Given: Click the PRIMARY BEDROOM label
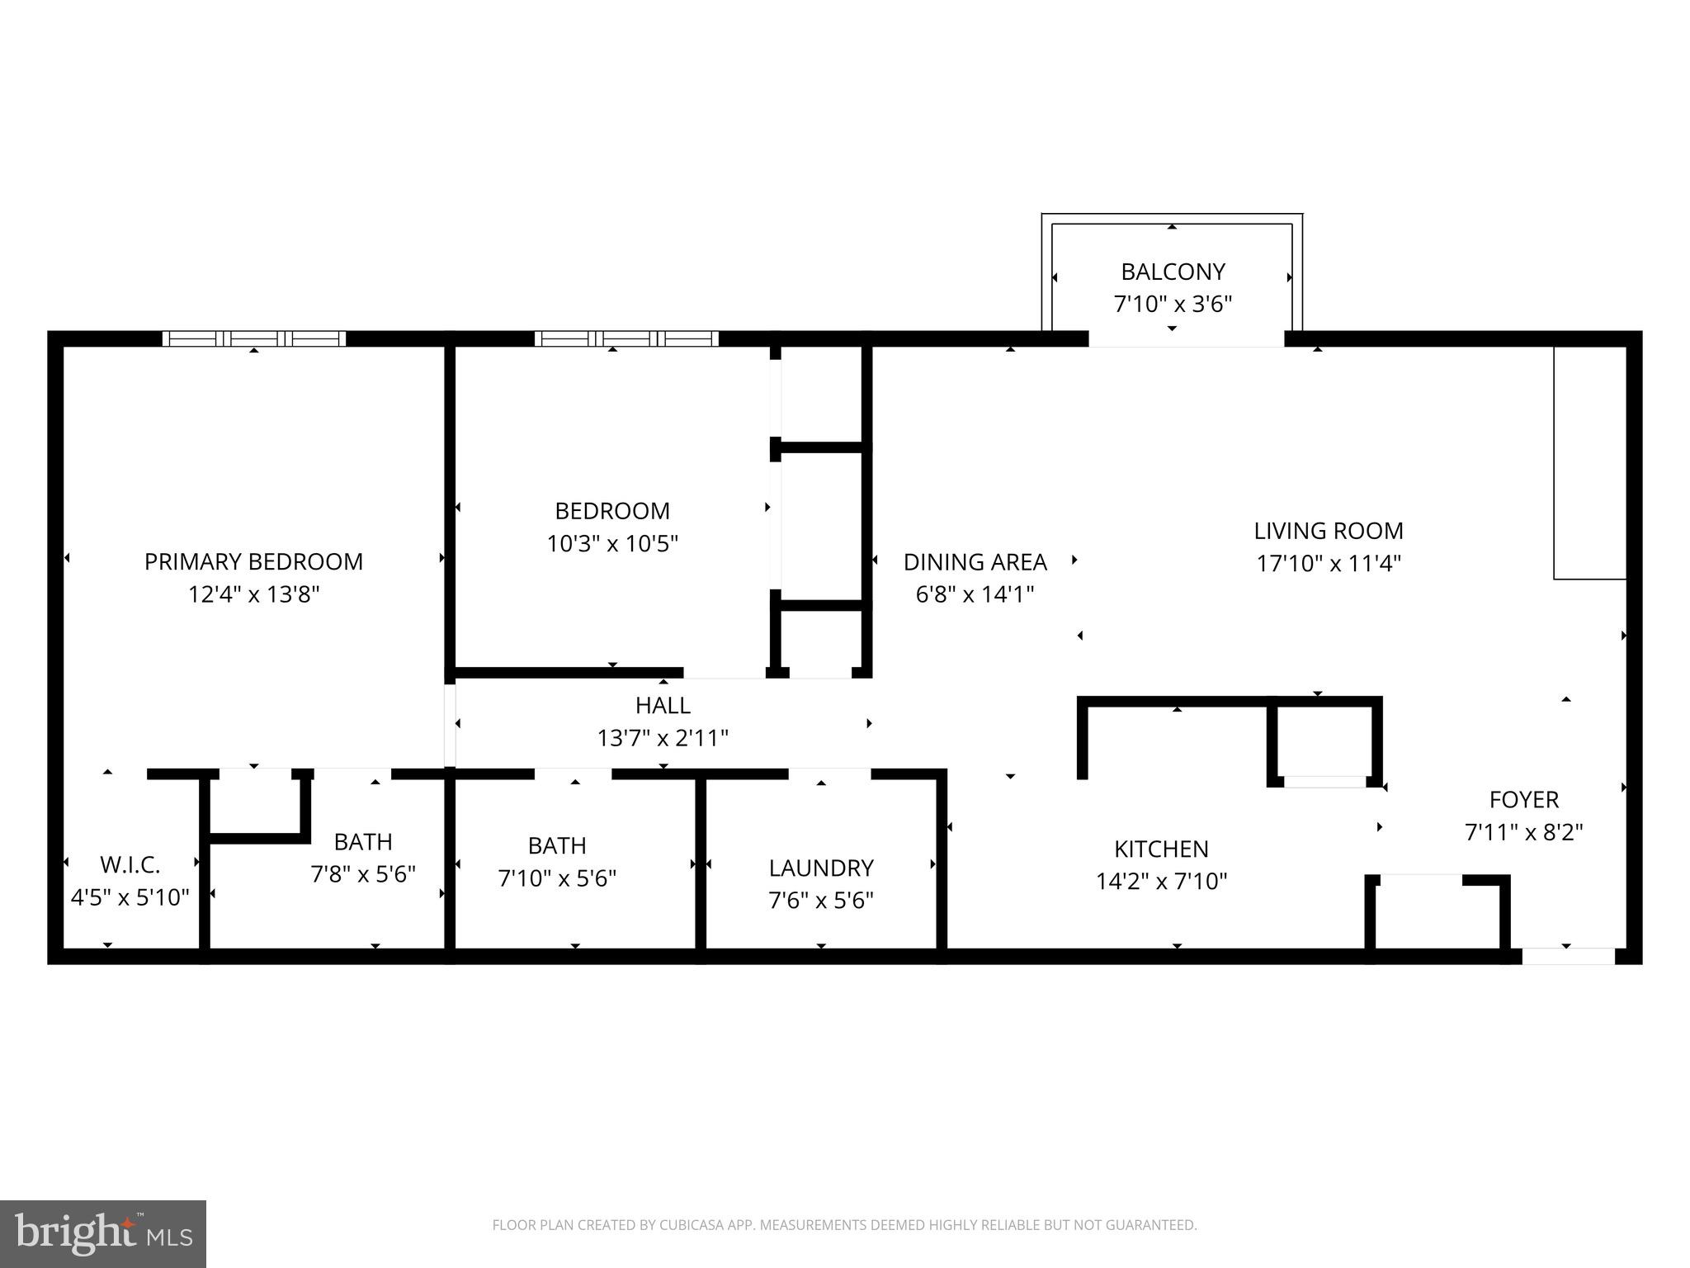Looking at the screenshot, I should point(253,561).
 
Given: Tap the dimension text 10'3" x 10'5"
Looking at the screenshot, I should point(612,544).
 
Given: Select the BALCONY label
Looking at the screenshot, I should point(1173,272).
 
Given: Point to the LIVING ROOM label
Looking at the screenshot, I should point(1329,531).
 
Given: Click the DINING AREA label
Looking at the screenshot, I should point(975,562).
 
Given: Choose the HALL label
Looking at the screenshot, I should point(663,705).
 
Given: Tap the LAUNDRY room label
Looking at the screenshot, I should point(821,868).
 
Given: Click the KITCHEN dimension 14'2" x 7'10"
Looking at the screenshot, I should point(1161,882).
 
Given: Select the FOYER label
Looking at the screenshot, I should point(1523,799).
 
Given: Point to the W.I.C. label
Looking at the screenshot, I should point(130,865).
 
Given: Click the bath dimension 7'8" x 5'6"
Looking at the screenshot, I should point(363,874).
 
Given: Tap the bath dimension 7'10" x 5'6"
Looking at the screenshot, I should point(557,878).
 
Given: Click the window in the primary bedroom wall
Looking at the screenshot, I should point(254,338).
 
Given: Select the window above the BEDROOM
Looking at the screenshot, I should point(626,338).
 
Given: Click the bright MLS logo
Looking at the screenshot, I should point(103,1234).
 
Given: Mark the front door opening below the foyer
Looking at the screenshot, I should point(1568,956).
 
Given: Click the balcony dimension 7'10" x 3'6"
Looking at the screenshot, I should point(1173,305).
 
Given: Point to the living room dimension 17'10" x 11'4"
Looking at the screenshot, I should point(1329,564).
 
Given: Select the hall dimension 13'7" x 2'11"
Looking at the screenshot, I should point(663,738).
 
